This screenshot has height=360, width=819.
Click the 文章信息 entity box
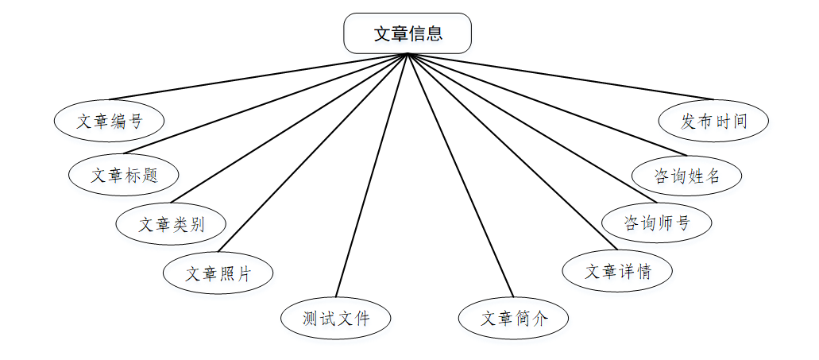click(x=408, y=33)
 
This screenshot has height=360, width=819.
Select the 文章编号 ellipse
click(x=110, y=122)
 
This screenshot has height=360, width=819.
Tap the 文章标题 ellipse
click(x=124, y=175)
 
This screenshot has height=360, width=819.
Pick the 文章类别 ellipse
click(x=171, y=224)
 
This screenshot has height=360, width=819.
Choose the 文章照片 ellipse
click(x=218, y=274)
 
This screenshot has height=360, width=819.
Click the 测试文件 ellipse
click(x=336, y=319)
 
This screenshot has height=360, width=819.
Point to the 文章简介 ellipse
click(x=514, y=319)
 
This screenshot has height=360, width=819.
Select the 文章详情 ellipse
click(x=618, y=271)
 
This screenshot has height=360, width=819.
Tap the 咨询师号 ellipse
click(x=656, y=223)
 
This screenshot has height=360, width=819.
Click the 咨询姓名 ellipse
click(x=686, y=175)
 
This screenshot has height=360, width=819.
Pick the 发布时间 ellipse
click(x=714, y=122)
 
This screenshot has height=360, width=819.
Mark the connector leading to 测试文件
click(x=371, y=175)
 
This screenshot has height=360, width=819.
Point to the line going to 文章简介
click(x=460, y=175)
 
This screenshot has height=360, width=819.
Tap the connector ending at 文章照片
click(x=313, y=151)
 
